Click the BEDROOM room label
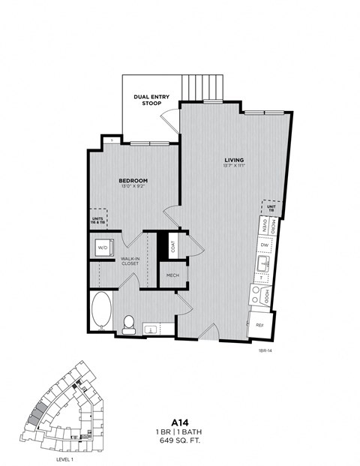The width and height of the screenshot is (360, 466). [x=133, y=181]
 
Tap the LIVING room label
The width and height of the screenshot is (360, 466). [x=233, y=160]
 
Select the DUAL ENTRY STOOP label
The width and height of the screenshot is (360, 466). [x=151, y=100]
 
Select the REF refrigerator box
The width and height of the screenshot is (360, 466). [x=259, y=325]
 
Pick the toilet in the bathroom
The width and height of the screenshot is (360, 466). [x=128, y=323]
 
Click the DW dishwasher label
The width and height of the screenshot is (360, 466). [x=263, y=245]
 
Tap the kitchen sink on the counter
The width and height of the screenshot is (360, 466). [x=263, y=264]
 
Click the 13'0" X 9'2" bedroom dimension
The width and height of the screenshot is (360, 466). [x=133, y=188]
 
